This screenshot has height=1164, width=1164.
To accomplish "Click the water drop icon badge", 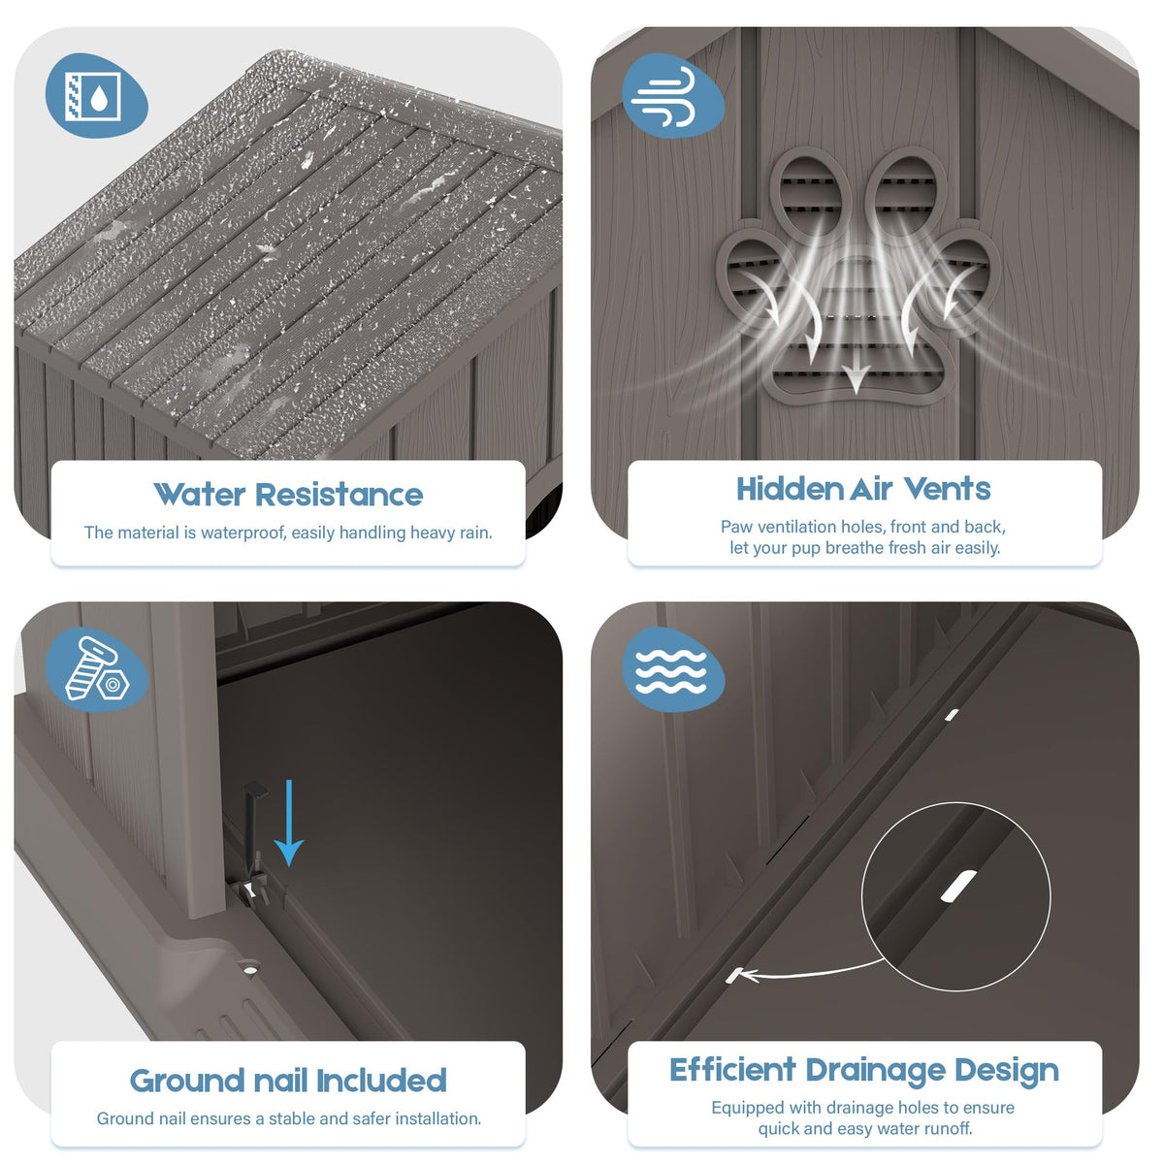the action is (97, 95).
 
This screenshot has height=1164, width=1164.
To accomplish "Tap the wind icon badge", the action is (673, 95).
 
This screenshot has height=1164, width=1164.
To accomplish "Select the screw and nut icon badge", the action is (97, 669).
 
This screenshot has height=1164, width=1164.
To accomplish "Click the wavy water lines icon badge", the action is (673, 669).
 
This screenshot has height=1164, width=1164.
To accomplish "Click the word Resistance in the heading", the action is (339, 495).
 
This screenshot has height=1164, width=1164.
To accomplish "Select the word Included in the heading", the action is (381, 1081).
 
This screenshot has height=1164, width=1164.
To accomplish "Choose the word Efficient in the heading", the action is (732, 1070).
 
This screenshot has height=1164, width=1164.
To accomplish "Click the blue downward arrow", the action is (289, 823).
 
